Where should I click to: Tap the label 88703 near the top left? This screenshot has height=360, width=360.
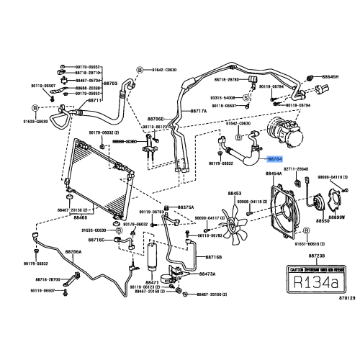(111, 84)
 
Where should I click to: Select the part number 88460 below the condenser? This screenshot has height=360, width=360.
(81, 217)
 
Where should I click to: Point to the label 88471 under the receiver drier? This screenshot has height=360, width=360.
(152, 282)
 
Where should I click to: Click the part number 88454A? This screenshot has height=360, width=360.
(274, 174)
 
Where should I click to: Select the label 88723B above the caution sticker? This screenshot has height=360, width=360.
(316, 256)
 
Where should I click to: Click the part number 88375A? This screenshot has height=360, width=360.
(186, 207)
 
